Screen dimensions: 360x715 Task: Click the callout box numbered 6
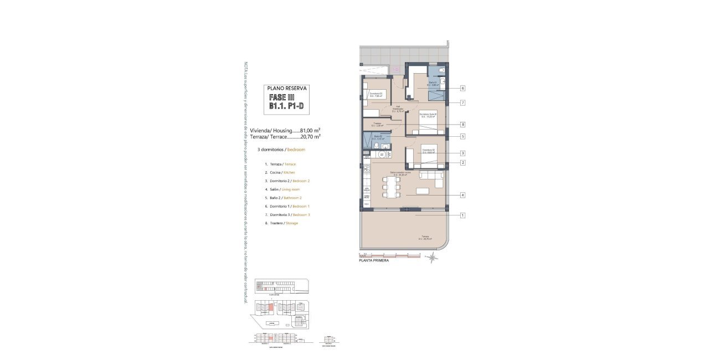462,88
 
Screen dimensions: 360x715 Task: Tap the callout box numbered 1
462,215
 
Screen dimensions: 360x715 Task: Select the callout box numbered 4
462,195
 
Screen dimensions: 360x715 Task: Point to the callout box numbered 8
462,125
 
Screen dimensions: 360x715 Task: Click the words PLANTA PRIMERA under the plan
374,260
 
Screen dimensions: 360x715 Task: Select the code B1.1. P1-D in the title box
286,106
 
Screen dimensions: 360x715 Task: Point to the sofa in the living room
431,178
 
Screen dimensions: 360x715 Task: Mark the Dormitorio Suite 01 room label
428,115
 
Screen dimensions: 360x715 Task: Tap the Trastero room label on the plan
377,124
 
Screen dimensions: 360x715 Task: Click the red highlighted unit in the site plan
271,307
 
